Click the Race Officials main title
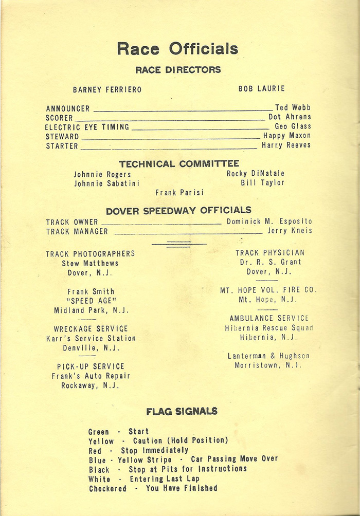[177, 49]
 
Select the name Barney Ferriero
[107, 89]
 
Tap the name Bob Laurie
[261, 89]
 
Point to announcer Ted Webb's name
[293, 108]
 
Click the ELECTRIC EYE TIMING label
[87, 127]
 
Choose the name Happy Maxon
[287, 136]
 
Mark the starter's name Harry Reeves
[286, 145]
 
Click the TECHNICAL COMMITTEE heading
[179, 164]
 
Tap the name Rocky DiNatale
[255, 174]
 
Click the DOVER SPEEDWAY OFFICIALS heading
[178, 210]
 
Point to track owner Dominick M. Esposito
[269, 222]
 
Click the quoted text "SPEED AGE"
[92, 301]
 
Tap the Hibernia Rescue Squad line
[269, 328]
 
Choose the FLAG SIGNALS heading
[182, 412]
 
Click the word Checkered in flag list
[107, 488]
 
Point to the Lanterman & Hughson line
[268, 356]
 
